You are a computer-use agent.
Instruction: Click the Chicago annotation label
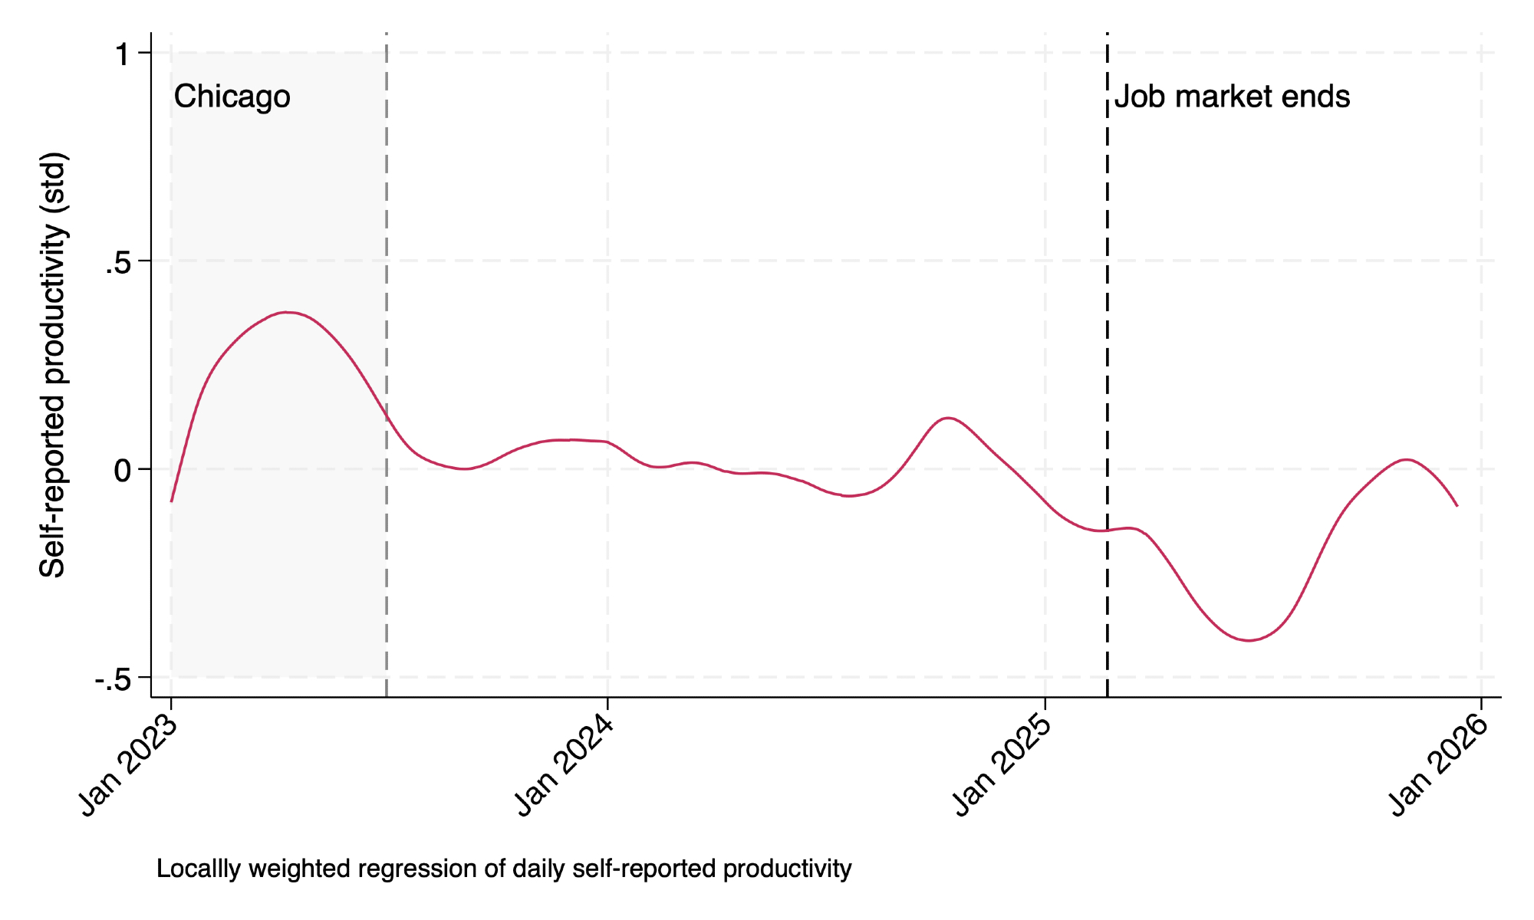pos(232,97)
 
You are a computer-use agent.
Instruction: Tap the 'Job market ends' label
pos(1232,97)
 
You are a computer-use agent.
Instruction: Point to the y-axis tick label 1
pos(122,54)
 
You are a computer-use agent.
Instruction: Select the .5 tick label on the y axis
pos(118,262)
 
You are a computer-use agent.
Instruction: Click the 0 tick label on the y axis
pos(122,470)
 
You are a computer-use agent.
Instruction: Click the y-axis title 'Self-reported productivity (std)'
pos(54,365)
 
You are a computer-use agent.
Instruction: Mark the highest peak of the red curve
pos(287,312)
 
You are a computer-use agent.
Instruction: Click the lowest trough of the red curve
pos(1249,640)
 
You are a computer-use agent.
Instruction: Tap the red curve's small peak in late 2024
pos(949,418)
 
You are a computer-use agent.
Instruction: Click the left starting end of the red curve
pos(171,501)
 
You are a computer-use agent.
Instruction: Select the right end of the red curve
pos(1457,506)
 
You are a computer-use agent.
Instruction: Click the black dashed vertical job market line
pos(1108,307)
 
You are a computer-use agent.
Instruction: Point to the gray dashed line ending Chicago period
pos(386,230)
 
